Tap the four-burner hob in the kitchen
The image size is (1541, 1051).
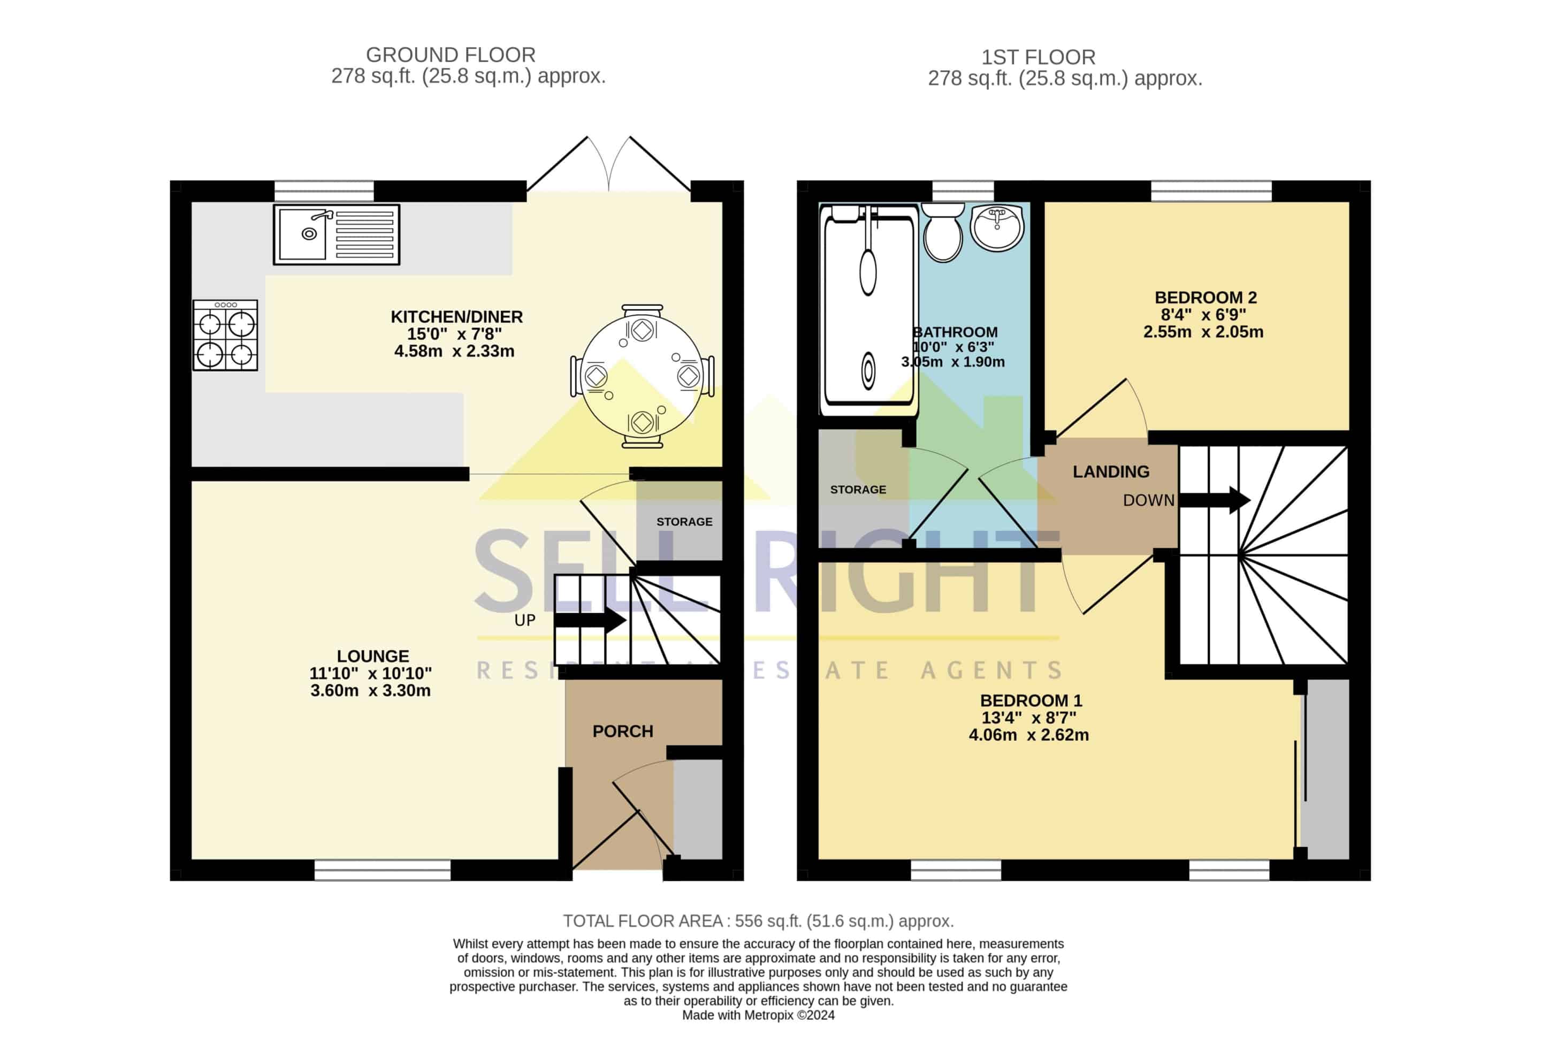click(x=225, y=335)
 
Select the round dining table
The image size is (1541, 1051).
click(x=642, y=376)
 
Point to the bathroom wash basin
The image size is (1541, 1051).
click(x=997, y=227)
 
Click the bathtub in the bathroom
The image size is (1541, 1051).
click(x=868, y=309)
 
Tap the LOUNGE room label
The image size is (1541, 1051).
click(x=372, y=656)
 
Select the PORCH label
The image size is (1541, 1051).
click(x=623, y=731)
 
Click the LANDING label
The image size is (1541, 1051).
click(x=1111, y=471)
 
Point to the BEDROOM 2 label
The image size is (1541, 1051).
click(x=1206, y=297)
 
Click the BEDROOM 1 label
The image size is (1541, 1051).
click(x=1031, y=700)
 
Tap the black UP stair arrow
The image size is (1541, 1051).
click(x=590, y=621)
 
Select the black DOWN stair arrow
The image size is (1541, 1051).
click(x=1214, y=500)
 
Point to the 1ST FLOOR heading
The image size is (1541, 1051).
click(x=1039, y=57)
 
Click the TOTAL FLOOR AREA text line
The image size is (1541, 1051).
click(x=759, y=921)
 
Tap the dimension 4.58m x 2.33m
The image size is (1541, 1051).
click(x=454, y=351)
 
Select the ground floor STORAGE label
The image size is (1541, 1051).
click(x=684, y=522)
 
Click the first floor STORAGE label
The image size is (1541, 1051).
click(x=858, y=489)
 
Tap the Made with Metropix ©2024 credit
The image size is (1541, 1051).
click(x=759, y=1015)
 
